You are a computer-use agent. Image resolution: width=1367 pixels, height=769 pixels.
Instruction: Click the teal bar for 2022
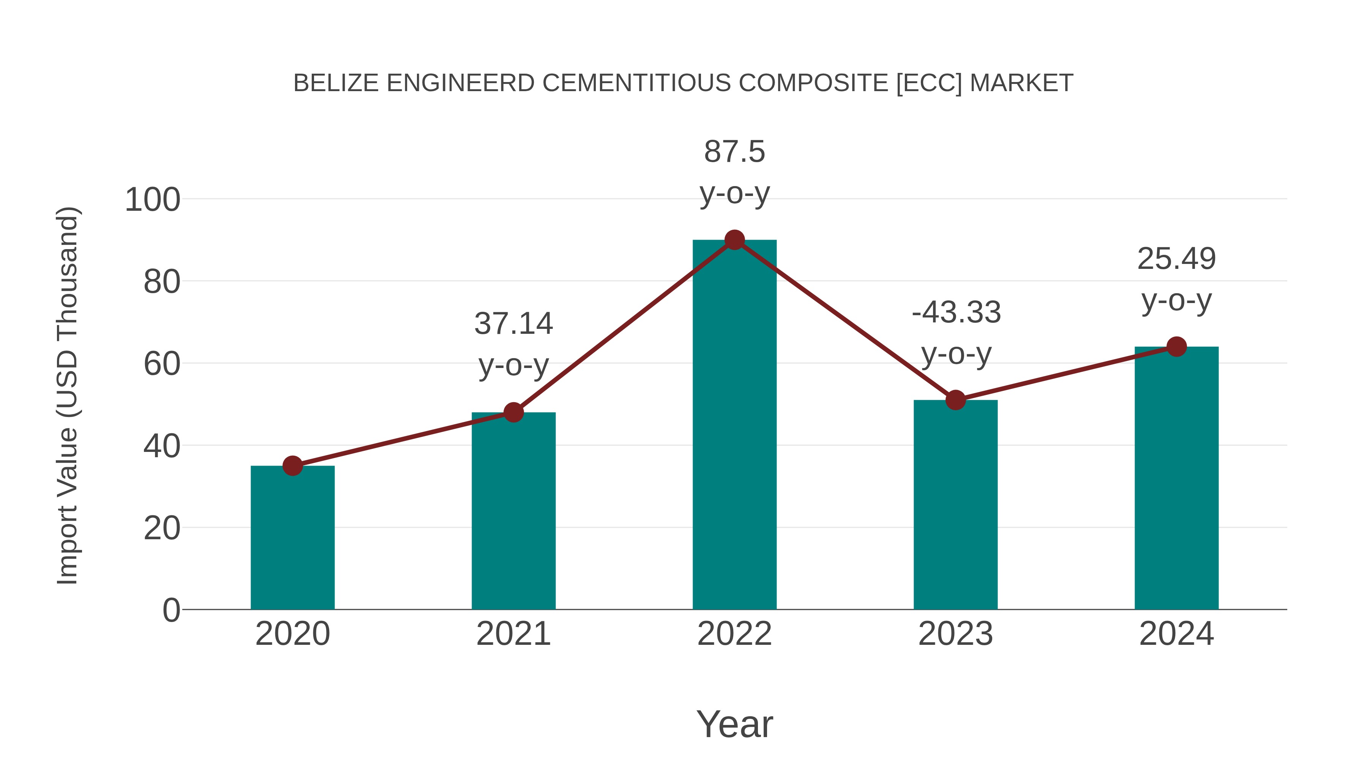[734, 425]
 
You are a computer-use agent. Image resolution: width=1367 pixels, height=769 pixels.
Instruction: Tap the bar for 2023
[955, 504]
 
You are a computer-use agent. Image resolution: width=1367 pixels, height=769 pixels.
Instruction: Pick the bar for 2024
[1176, 478]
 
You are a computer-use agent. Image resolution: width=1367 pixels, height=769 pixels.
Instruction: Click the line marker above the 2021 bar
[513, 412]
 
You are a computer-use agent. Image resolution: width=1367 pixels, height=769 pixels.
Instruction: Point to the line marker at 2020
[292, 466]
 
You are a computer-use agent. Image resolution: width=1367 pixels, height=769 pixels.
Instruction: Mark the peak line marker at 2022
[734, 240]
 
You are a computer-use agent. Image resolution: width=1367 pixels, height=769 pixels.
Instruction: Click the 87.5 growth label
[734, 152]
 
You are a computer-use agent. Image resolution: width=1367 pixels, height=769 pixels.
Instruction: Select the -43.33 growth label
[956, 312]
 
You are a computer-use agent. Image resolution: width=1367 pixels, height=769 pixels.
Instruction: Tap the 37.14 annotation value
[513, 323]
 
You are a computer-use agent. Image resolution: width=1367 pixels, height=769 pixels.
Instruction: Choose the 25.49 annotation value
[1176, 259]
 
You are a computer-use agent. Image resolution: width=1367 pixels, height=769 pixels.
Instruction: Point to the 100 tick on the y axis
[152, 200]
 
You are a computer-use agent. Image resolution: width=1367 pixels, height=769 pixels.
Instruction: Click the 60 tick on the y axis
[162, 364]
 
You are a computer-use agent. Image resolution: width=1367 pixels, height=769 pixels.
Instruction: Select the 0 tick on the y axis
[171, 610]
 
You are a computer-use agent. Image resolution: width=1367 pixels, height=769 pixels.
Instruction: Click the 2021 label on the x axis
[513, 634]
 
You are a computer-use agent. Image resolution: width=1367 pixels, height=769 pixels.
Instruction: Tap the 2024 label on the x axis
[1176, 634]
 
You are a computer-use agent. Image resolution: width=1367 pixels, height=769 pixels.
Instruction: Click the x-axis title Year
[734, 724]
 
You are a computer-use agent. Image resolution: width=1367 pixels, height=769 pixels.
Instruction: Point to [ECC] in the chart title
[929, 83]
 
